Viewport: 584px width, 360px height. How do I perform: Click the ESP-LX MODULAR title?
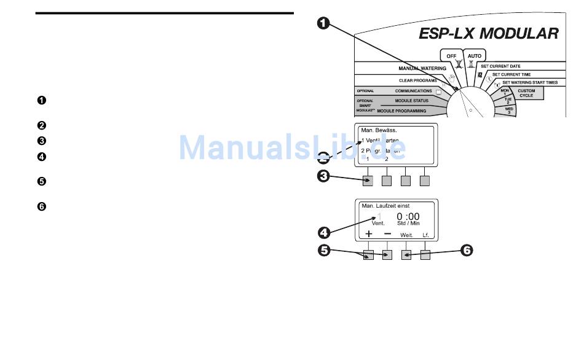[488, 33]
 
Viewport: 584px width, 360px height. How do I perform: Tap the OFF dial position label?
[451, 56]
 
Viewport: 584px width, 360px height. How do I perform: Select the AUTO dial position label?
[474, 56]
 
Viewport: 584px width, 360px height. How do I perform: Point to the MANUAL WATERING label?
[422, 68]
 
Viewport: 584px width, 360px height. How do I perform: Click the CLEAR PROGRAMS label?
[417, 80]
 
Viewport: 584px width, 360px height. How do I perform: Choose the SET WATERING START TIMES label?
[530, 82]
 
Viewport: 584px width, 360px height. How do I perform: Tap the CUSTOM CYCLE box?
[526, 93]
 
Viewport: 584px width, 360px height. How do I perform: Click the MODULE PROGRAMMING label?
[401, 111]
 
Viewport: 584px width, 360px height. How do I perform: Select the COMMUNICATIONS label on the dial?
[413, 91]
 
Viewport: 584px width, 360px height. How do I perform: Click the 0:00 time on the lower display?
[408, 216]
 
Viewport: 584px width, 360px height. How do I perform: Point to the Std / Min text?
[408, 224]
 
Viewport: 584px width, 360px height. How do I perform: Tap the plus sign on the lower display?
[369, 234]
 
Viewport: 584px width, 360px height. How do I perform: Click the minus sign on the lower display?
[387, 234]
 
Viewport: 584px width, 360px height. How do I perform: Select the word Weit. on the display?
[406, 235]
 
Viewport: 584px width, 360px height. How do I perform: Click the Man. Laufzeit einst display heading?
[386, 206]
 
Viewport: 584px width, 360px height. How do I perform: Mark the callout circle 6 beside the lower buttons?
[467, 250]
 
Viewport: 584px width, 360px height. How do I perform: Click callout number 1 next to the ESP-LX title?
[324, 23]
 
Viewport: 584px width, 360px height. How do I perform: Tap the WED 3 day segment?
[508, 110]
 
